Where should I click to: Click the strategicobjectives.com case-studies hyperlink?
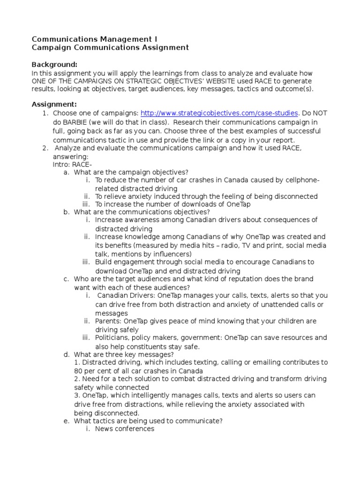(219, 113)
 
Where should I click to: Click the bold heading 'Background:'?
(54, 64)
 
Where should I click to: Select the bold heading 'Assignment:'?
(54, 104)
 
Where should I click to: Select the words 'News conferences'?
(124, 429)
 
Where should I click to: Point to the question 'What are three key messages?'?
(124, 354)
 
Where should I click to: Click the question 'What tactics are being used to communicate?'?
(148, 421)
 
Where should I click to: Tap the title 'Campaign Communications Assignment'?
(110, 47)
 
